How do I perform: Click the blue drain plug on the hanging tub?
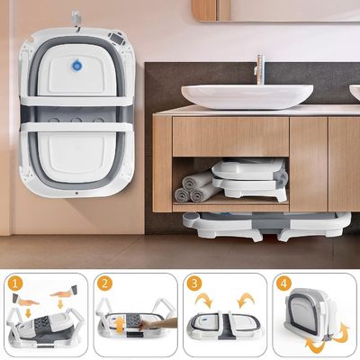(x=77, y=65)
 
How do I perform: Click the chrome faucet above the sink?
(x=259, y=69)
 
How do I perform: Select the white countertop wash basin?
(x=247, y=96)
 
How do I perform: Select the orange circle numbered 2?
(x=104, y=283)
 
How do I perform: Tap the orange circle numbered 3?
(x=194, y=283)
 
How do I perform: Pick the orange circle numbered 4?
(x=283, y=283)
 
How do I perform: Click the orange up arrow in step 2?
(x=120, y=325)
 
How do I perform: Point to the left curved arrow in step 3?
(x=204, y=300)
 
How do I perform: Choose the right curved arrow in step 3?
(x=246, y=300)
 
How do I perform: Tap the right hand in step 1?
(x=64, y=292)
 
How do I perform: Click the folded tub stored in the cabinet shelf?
(x=250, y=179)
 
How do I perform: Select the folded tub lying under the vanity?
(x=266, y=226)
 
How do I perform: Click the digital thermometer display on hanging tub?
(x=116, y=38)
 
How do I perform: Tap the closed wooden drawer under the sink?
(x=230, y=137)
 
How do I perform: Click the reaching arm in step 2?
(x=159, y=324)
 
